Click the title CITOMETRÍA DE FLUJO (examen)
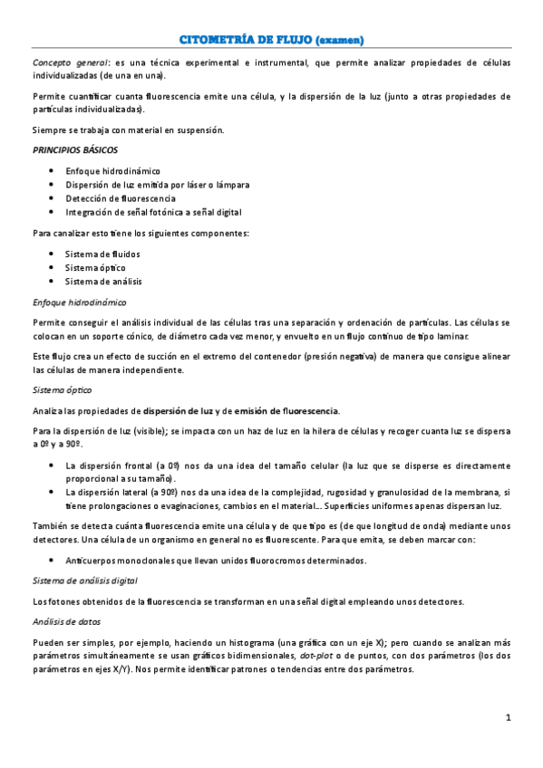[272, 41]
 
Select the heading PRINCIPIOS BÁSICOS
[74, 149]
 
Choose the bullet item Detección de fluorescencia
[121, 198]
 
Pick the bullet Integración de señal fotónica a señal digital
[153, 212]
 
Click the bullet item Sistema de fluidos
[102, 254]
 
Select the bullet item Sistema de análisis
[103, 282]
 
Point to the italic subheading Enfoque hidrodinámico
[79, 302]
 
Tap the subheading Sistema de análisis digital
[84, 580]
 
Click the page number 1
[509, 718]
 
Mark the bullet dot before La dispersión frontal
[50, 466]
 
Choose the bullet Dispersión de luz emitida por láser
[158, 185]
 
